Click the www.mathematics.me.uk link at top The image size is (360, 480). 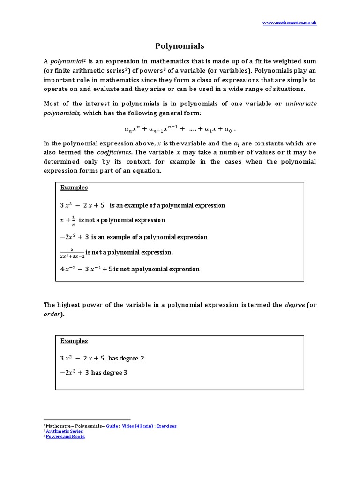[289, 22]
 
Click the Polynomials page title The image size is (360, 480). [180, 46]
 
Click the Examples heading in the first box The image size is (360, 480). [74, 187]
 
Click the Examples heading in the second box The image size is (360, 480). [74, 341]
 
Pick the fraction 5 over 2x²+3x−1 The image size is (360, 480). [72, 253]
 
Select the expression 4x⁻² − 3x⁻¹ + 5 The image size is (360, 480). [86, 269]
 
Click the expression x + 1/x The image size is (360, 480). [68, 220]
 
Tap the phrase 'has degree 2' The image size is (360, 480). [126, 359]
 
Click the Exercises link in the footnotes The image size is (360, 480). [166, 426]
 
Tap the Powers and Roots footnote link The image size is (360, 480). [65, 436]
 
